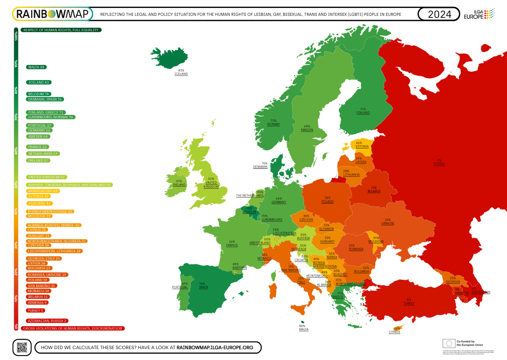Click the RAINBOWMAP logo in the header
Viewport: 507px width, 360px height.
[52, 14]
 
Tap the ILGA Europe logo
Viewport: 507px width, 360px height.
[479, 14]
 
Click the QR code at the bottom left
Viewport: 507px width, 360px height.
[21, 347]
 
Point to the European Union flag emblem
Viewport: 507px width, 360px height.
[449, 343]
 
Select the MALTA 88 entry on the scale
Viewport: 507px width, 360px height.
[37, 67]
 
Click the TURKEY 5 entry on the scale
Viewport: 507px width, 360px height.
[35, 310]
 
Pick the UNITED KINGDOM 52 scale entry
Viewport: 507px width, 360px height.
[47, 177]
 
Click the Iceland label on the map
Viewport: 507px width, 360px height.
[181, 72]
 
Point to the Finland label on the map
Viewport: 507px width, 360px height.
[363, 111]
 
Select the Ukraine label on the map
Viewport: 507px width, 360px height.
[388, 221]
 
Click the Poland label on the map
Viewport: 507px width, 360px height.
[327, 200]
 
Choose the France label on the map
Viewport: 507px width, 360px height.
[232, 244]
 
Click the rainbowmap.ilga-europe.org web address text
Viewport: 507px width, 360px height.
[215, 348]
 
